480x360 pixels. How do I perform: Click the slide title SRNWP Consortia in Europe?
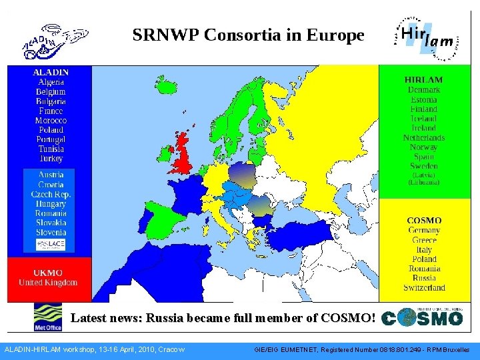248,35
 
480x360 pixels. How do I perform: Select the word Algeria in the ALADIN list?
51,82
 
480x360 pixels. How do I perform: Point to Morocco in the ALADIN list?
51,121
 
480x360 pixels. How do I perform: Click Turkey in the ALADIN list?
51,159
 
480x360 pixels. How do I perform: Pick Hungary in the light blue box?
51,204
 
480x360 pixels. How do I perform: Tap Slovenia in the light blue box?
51,232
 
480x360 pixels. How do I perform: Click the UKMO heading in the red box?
48,273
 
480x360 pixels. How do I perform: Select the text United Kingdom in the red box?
48,283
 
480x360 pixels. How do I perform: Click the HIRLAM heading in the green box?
423,79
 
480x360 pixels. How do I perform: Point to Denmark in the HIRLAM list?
423,89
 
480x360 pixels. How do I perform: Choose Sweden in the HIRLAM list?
423,166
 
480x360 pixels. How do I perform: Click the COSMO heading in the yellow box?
424,220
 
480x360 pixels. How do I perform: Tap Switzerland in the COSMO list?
424,287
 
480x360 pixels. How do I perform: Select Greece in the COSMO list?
424,240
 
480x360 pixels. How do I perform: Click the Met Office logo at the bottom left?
48,317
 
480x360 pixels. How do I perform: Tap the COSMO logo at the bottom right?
423,317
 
